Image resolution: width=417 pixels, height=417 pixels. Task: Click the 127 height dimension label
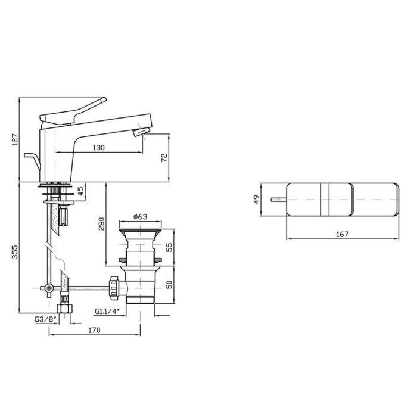pyautogui.click(x=15, y=139)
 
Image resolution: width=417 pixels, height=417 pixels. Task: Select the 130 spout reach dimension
pyautogui.click(x=99, y=148)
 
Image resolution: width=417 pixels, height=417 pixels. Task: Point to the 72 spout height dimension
pyautogui.click(x=164, y=158)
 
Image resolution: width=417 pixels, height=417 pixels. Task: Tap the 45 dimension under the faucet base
pyautogui.click(x=81, y=191)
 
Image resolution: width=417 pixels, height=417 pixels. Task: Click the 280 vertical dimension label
pyautogui.click(x=101, y=223)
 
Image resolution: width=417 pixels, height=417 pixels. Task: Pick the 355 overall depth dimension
pyautogui.click(x=15, y=252)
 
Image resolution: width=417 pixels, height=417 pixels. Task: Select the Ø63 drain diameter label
pyautogui.click(x=140, y=217)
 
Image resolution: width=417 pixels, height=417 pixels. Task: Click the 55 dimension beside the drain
pyautogui.click(x=169, y=247)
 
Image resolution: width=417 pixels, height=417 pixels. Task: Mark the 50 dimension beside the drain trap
pyautogui.click(x=169, y=284)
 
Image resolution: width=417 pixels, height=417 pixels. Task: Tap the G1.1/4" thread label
pyautogui.click(x=107, y=311)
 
